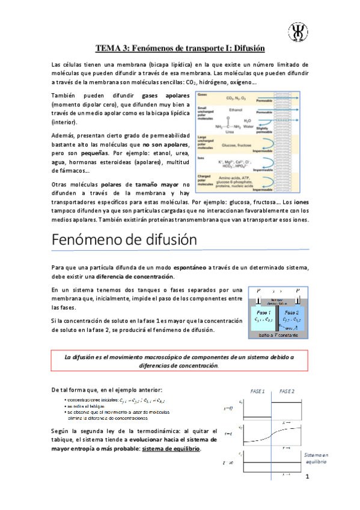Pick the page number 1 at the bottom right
coord(307,477)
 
